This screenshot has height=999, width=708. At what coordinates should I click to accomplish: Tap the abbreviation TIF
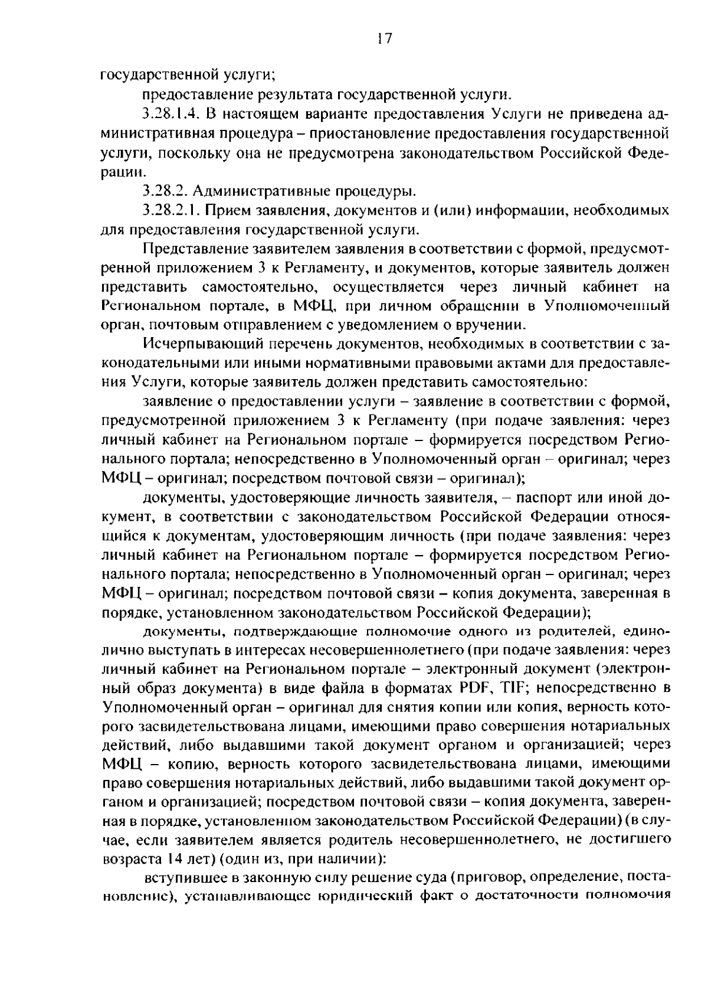pos(517,688)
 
